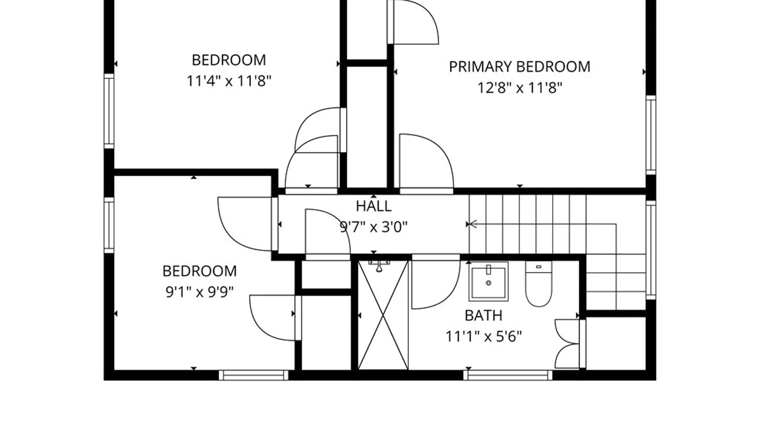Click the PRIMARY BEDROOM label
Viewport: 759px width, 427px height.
pyautogui.click(x=519, y=67)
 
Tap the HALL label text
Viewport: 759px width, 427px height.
pyautogui.click(x=374, y=206)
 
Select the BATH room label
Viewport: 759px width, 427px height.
pyautogui.click(x=483, y=316)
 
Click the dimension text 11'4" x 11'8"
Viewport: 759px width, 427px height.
pyautogui.click(x=229, y=81)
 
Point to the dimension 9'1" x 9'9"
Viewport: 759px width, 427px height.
pyautogui.click(x=199, y=292)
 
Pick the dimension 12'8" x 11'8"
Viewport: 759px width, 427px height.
pyautogui.click(x=519, y=87)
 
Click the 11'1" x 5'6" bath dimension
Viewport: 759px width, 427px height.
pyautogui.click(x=483, y=336)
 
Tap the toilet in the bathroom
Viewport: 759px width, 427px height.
pyautogui.click(x=538, y=284)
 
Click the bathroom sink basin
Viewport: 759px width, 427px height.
pyautogui.click(x=489, y=282)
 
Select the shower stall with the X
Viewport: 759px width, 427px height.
pyautogui.click(x=383, y=316)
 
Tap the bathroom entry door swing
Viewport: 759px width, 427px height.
pyautogui.click(x=436, y=282)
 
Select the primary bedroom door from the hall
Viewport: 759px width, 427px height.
pyautogui.click(x=426, y=164)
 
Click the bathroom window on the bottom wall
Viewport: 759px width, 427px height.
pyautogui.click(x=508, y=375)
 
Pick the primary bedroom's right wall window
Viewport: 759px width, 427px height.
pyautogui.click(x=651, y=135)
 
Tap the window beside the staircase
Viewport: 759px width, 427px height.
pyautogui.click(x=651, y=250)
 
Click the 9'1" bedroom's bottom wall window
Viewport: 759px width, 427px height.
pyautogui.click(x=254, y=375)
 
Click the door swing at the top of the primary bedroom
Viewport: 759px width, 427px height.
pyautogui.click(x=413, y=22)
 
